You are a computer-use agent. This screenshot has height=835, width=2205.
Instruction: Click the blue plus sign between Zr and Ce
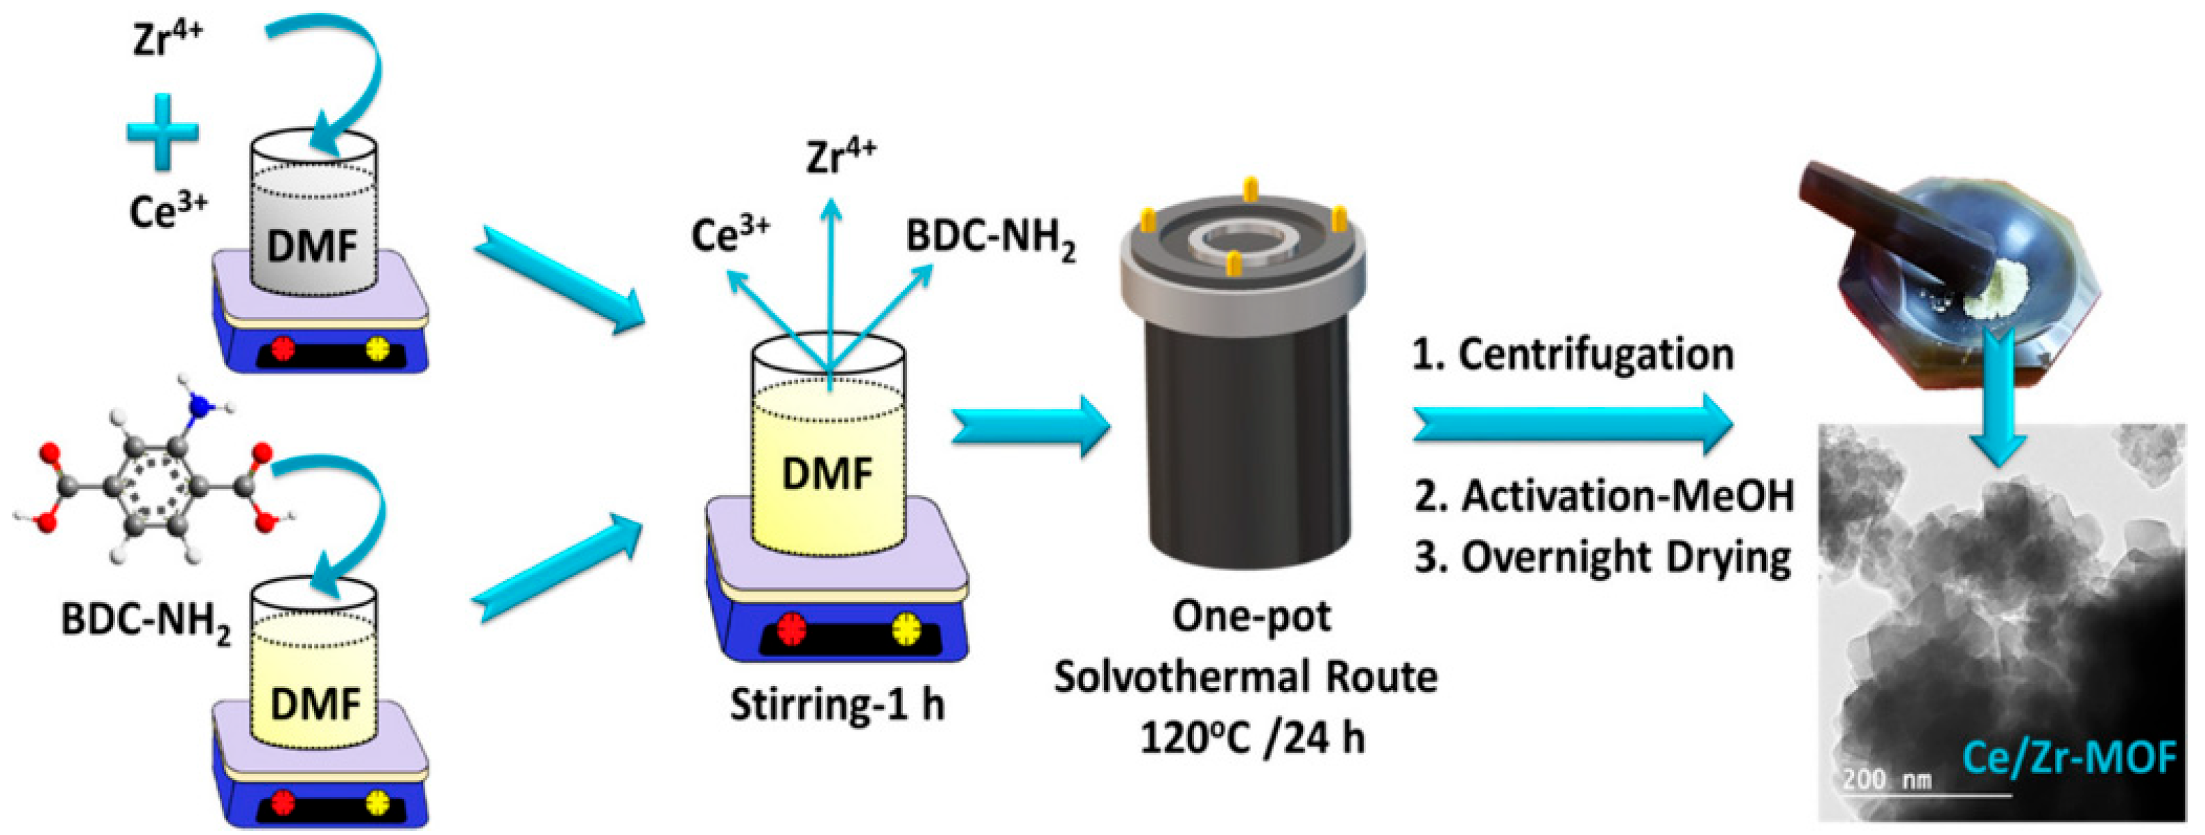coord(163,132)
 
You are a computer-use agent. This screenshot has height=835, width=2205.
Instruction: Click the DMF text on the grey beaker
coord(313,247)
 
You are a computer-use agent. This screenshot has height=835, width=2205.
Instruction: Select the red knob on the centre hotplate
coord(792,630)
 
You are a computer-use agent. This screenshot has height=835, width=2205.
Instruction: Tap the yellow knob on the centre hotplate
coord(906,630)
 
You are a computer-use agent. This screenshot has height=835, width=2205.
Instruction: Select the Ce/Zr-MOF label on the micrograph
coord(2068,758)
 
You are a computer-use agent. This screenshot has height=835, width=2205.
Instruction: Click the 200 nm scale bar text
coord(1887,780)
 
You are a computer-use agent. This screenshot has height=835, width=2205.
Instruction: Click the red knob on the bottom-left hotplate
coord(282,802)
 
